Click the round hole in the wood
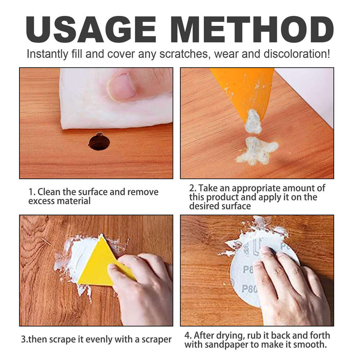click(x=99, y=141)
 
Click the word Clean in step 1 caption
click(x=49, y=192)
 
